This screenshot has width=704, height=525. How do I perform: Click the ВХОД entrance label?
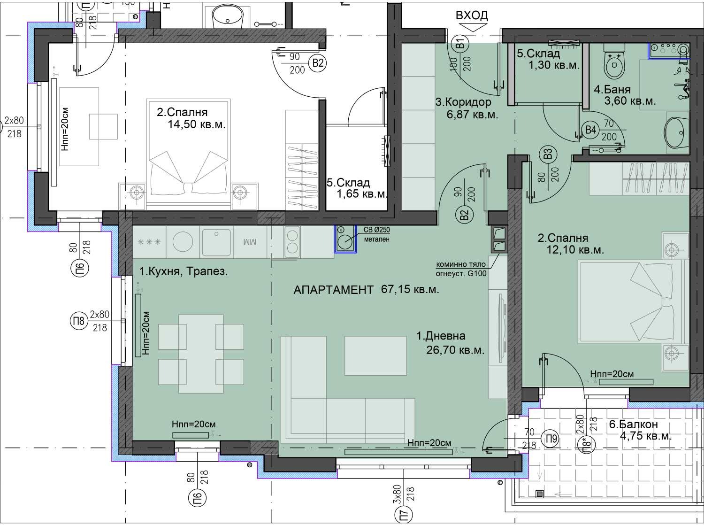pos(472,15)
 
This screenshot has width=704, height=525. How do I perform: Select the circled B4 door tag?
pos(590,130)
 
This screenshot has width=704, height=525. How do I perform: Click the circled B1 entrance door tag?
pos(460,43)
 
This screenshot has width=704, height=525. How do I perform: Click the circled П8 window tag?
pos(78,321)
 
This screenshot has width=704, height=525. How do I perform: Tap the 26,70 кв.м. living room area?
pos(455,350)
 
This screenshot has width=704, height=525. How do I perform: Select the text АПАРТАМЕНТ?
pos(333,290)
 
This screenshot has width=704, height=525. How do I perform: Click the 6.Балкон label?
pos(634,424)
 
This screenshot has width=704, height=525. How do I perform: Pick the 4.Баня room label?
pos(612,89)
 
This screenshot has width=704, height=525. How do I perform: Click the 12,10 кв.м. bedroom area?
pos(575,250)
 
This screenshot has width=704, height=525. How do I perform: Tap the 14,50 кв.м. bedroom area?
pos(197,124)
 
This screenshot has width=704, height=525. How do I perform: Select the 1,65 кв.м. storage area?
pos(362,194)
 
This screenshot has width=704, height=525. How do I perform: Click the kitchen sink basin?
pos(216,242)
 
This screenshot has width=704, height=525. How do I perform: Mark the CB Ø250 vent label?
pos(377,230)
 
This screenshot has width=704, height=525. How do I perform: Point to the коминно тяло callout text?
pos(460,265)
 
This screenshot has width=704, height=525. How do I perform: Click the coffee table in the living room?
pos(375,355)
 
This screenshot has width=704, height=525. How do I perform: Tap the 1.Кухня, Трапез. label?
pos(184,272)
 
